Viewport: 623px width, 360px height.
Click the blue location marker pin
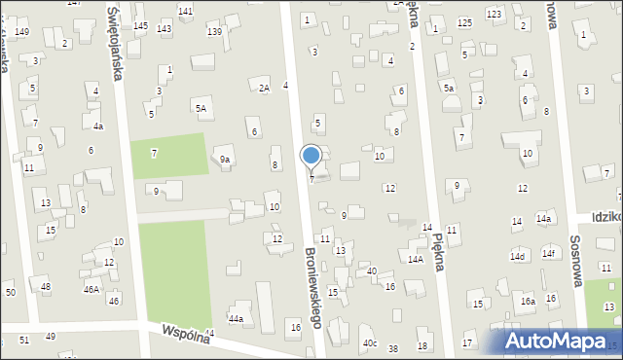pos(311,156)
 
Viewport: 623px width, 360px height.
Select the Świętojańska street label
pos(116,44)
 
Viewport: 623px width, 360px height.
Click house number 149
pos(21,32)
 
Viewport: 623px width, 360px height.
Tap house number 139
pos(214,32)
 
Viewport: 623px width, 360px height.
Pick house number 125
pos(464,21)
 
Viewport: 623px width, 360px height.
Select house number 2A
pos(263,88)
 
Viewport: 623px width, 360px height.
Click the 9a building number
pos(225,159)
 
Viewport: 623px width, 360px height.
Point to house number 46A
pos(92,289)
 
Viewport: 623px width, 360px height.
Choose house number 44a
pos(235,318)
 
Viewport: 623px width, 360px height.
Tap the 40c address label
pos(370,343)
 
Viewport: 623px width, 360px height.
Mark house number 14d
pos(517,256)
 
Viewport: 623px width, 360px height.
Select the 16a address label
pos(527,302)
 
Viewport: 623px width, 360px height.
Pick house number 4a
pos(97,126)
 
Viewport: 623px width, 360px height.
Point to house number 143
pos(164,29)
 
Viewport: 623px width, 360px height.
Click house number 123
pos(494,14)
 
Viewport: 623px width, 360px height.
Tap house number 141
pos(185,10)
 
